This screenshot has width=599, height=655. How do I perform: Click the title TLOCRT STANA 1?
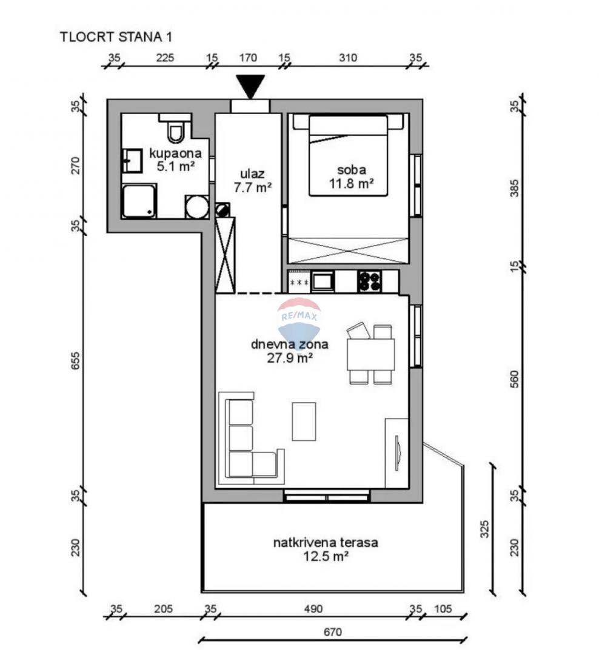coord(116,36)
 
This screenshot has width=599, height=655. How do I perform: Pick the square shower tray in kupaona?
coord(139,201)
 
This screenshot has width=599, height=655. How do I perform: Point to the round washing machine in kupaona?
coord(197,207)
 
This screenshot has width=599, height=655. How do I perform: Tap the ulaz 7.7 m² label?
coord(252,181)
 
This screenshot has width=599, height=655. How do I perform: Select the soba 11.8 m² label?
coord(348,175)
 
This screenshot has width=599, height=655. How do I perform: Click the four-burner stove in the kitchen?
coord(369,281)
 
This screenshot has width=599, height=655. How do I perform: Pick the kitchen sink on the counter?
coord(323,281)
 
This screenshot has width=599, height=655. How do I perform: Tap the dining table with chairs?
coord(370,354)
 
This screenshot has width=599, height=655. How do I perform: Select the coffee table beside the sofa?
coord(304,421)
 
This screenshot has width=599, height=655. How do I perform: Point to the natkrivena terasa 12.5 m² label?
coord(325,549)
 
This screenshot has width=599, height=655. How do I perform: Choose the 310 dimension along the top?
coord(348,58)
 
